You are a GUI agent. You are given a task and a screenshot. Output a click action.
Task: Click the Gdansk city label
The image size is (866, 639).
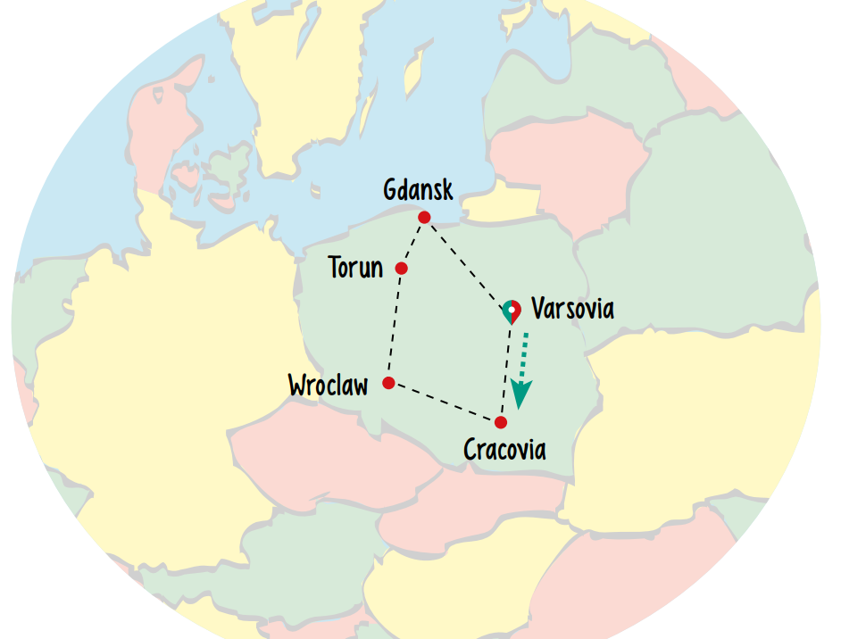point(418,190)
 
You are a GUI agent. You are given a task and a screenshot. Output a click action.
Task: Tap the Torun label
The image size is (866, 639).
point(355,268)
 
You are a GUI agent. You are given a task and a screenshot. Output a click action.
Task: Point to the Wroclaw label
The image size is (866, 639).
point(328,386)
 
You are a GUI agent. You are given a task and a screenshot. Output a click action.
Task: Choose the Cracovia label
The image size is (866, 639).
point(504,449)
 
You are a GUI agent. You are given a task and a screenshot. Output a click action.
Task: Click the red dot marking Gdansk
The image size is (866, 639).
point(424,217)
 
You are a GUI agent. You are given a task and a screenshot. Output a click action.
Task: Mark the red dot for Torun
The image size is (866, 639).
point(402,268)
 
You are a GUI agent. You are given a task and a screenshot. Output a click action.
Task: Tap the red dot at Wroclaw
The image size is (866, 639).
point(388,383)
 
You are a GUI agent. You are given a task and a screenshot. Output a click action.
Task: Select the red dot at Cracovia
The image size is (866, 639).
point(501,422)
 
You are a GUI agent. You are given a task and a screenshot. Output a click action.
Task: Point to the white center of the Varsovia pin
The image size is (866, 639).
point(512,309)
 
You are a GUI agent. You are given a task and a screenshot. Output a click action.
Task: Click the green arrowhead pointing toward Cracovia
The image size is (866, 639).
point(520,393)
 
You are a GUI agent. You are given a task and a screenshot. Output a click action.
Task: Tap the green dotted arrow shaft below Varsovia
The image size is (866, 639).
point(525,353)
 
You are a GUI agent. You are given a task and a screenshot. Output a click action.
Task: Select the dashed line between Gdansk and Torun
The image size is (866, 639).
point(413,242)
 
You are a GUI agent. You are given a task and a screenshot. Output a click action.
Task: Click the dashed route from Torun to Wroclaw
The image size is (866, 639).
point(395,326)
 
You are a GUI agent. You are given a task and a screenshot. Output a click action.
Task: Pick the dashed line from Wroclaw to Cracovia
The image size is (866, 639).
point(445,402)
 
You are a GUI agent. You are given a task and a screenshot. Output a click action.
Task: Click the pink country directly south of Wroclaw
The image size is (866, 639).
point(321,455)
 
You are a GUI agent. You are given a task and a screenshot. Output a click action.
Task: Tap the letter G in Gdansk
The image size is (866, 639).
point(391,190)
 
